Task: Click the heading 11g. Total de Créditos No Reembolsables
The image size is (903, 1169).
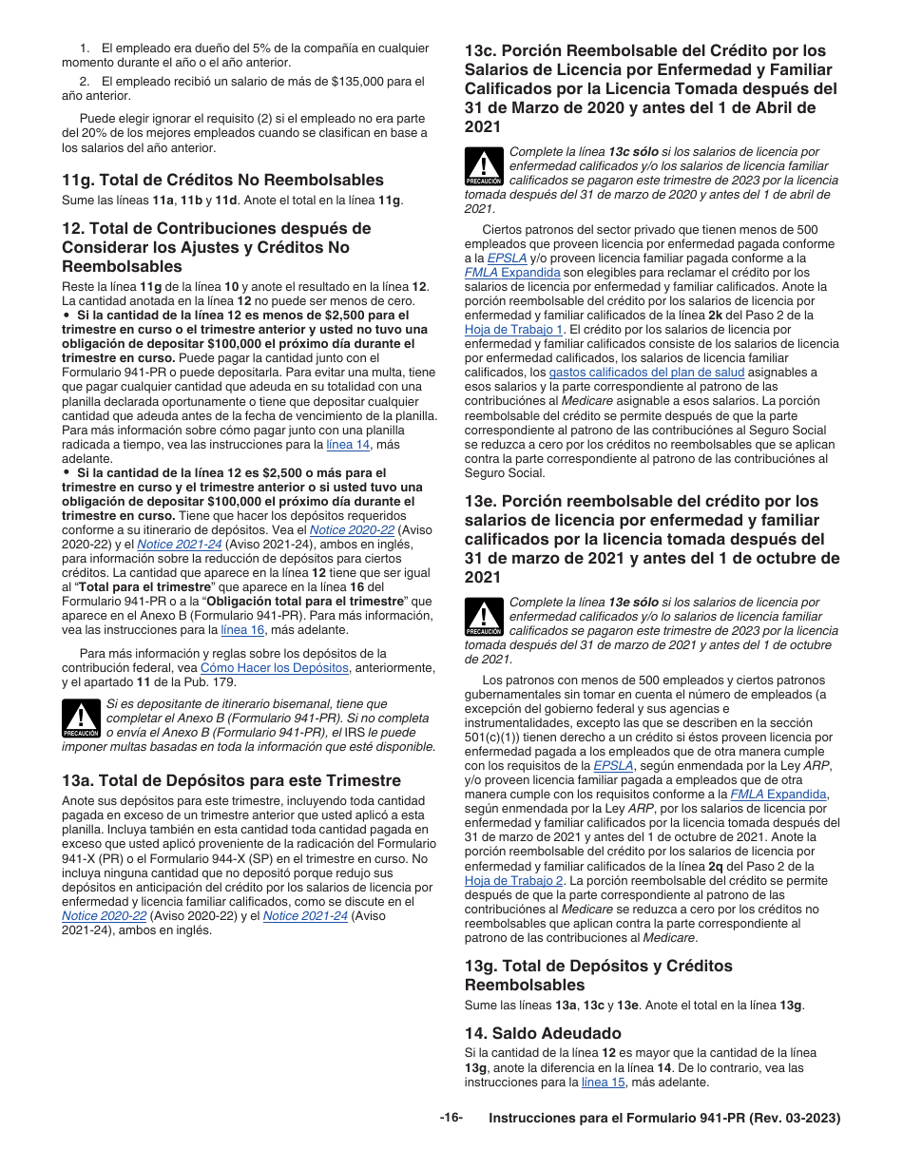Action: click(222, 181)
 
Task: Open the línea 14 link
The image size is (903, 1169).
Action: click(348, 444)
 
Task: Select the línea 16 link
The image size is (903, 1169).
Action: click(242, 629)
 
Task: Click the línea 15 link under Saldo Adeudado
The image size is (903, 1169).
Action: click(603, 1082)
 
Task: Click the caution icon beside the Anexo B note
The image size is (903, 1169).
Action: click(82, 719)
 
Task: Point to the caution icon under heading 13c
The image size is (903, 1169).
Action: click(484, 167)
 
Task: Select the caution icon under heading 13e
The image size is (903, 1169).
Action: click(484, 618)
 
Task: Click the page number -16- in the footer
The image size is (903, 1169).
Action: click(451, 1118)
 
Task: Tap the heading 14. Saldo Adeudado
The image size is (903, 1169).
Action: click(543, 1033)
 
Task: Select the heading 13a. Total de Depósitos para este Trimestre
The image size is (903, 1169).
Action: click(231, 781)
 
